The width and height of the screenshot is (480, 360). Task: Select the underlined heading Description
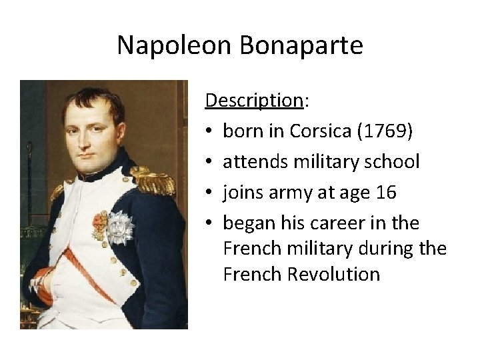[x=254, y=101]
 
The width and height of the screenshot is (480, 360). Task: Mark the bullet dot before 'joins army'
[x=210, y=193]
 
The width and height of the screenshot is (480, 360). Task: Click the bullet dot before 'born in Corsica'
[x=210, y=131]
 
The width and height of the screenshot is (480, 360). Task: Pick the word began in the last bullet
[x=245, y=223]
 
